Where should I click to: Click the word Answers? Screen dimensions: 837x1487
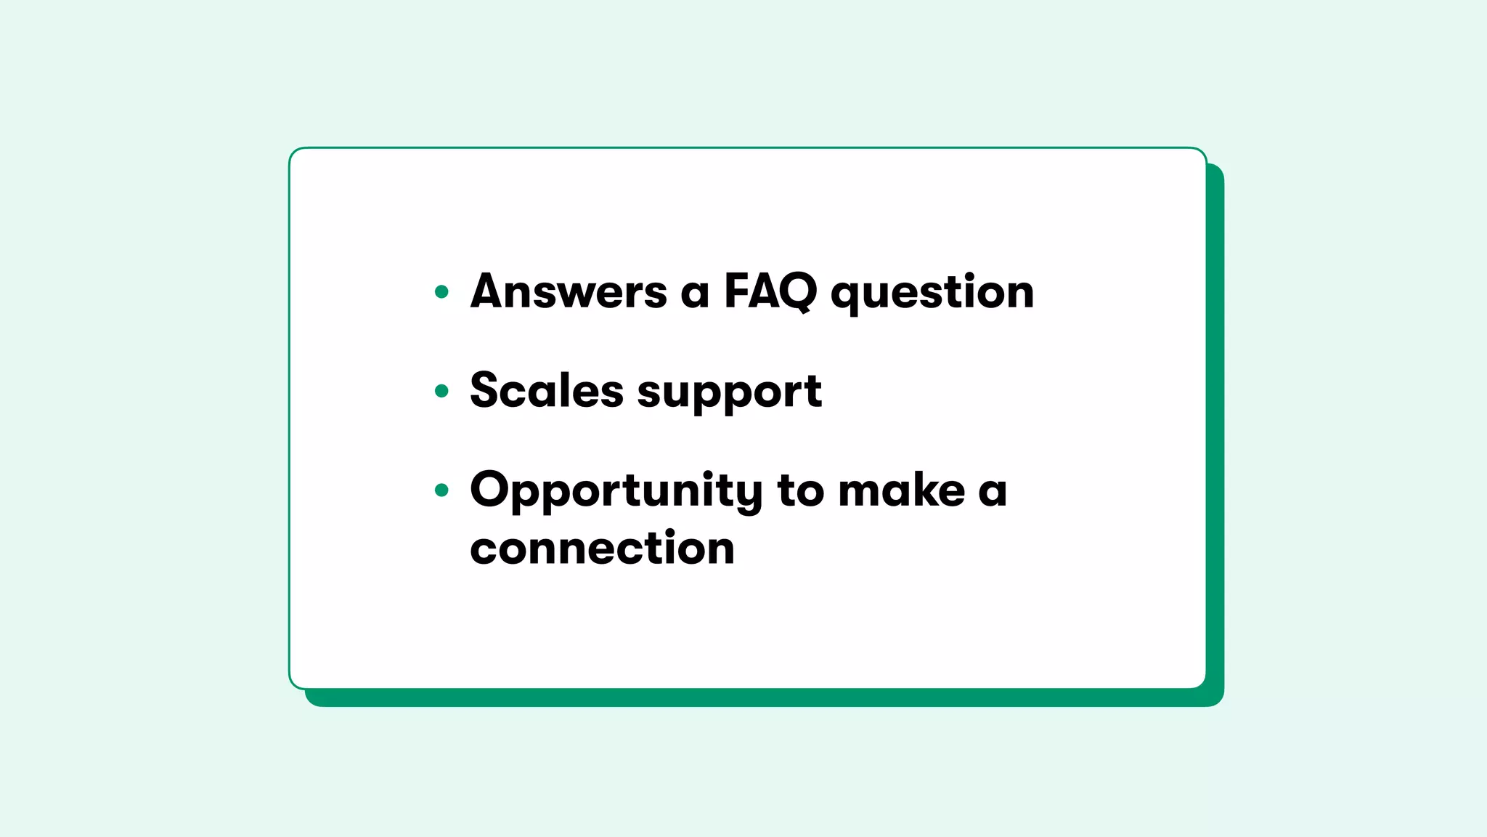569,291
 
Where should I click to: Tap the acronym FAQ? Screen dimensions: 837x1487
770,291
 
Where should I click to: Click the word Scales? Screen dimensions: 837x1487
546,390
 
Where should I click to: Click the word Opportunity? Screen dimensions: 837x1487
616,492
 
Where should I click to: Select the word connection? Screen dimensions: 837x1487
602,548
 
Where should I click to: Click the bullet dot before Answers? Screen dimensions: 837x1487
441,292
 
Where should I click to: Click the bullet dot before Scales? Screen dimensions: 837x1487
441,391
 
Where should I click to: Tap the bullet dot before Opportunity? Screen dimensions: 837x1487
441,490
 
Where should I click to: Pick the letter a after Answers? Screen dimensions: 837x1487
695,294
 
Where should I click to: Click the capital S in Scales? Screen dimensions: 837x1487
486,390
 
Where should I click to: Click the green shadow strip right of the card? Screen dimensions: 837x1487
1215,436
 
